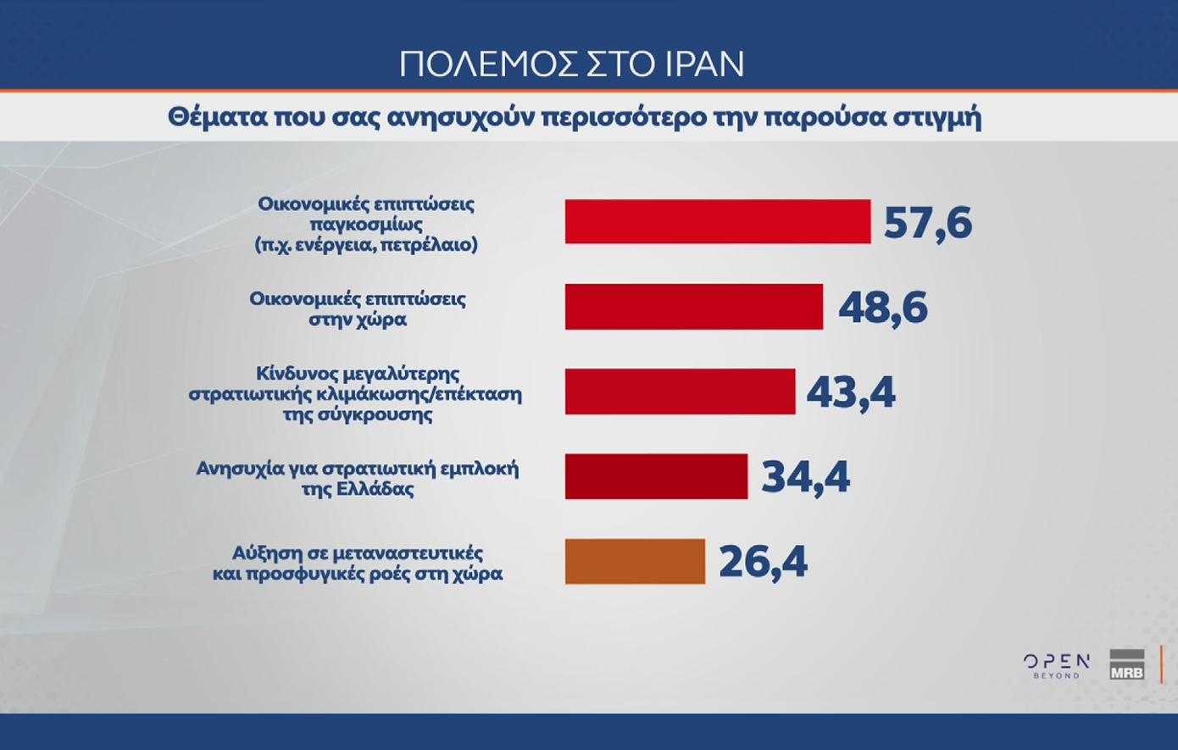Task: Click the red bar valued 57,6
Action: click(717, 221)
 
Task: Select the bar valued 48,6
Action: click(693, 306)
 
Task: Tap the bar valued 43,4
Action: click(680, 391)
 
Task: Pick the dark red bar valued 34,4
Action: click(656, 475)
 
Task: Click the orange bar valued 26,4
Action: click(635, 561)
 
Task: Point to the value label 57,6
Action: click(927, 223)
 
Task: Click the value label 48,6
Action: click(882, 308)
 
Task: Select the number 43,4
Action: click(850, 392)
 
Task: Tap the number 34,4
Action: click(805, 477)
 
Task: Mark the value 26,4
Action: click(763, 562)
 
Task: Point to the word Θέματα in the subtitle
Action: click(215, 117)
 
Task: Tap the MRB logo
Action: click(1126, 664)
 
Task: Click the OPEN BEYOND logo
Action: click(1056, 665)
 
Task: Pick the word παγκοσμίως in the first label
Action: click(366, 225)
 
